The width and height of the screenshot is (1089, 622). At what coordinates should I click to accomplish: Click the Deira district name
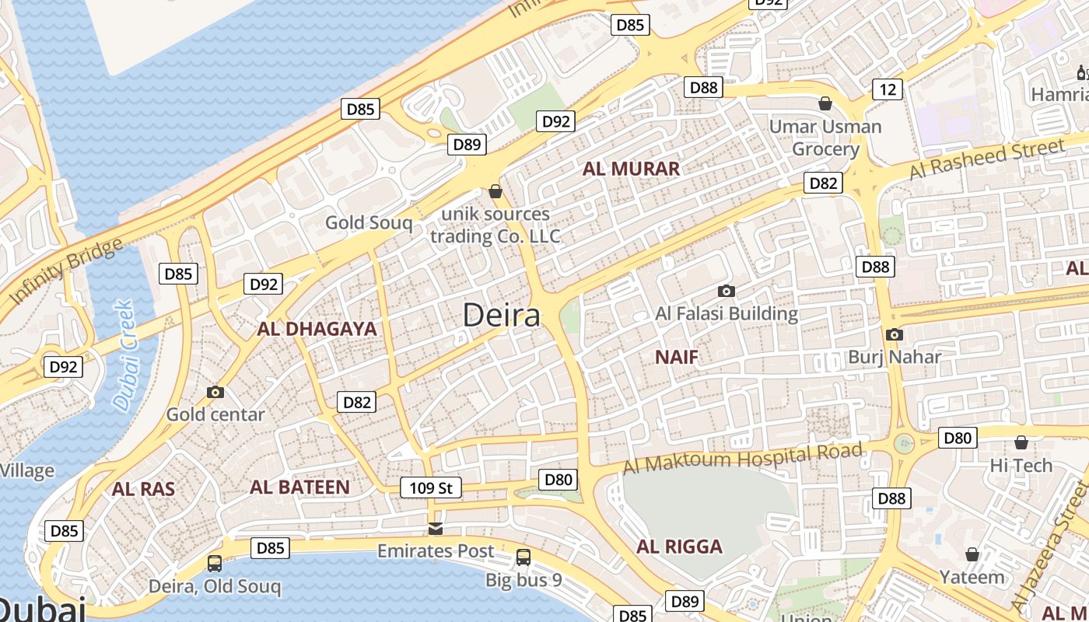(502, 316)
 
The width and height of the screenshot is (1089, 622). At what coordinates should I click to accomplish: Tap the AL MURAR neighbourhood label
(631, 169)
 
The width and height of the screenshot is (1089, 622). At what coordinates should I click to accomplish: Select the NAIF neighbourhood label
(676, 358)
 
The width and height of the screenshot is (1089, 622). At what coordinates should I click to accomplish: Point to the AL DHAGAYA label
(317, 329)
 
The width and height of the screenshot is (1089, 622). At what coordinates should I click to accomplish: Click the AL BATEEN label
(299, 487)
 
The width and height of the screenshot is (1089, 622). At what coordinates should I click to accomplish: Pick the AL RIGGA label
(679, 547)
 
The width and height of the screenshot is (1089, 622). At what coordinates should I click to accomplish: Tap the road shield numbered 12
(888, 89)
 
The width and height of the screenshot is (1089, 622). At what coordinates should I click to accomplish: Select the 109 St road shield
(431, 488)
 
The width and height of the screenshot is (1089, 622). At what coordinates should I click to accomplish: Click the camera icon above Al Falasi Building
(727, 292)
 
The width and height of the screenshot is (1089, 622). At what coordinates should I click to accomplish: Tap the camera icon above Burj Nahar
(895, 335)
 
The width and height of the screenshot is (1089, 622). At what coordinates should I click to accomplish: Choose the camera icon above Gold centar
(215, 393)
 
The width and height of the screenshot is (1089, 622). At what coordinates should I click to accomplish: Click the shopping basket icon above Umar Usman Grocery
(825, 103)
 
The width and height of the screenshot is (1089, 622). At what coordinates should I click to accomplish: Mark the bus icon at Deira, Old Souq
(215, 564)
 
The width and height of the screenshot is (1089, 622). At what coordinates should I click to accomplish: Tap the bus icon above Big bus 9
(523, 557)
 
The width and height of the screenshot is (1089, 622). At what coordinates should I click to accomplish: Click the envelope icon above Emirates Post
(436, 529)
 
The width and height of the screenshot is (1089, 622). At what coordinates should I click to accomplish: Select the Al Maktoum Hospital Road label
(743, 459)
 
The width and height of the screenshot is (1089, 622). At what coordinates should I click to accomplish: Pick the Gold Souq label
(369, 223)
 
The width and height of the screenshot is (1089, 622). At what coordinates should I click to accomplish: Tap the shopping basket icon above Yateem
(972, 554)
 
